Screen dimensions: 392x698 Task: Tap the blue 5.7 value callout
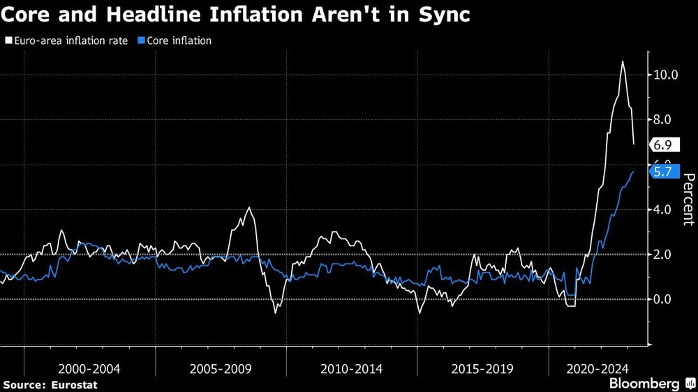663,171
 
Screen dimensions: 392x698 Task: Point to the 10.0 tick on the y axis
664,75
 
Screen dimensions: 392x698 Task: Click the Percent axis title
687,199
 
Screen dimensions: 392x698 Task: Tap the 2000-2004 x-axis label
89,368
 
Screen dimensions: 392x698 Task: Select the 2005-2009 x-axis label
221,368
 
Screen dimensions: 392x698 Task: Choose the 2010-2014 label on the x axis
352,368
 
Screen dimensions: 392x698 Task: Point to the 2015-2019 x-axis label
482,368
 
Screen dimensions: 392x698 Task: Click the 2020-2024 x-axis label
597,368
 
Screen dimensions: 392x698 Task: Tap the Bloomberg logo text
644,384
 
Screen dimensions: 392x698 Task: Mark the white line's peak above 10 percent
622,62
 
